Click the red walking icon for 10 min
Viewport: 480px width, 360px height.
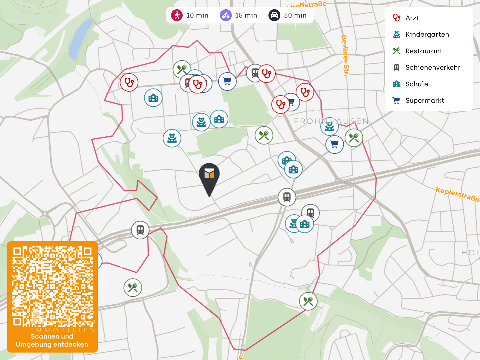(177, 15)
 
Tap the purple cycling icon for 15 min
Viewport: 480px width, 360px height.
(226, 15)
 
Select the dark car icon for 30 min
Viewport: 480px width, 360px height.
(274, 15)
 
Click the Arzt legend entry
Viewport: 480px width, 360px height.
(412, 18)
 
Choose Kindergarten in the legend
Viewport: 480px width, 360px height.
(427, 35)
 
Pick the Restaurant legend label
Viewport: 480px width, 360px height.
(424, 51)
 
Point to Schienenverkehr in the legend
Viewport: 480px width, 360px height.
(433, 68)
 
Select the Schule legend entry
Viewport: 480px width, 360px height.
(417, 84)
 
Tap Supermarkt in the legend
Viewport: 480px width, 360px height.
(425, 101)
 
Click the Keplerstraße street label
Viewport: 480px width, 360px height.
(457, 194)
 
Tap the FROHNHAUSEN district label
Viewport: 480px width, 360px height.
(331, 121)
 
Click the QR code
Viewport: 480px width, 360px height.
(52, 286)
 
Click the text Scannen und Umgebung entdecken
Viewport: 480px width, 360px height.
(52, 340)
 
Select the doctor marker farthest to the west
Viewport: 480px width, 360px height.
(129, 82)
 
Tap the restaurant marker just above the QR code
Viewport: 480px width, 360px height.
(133, 287)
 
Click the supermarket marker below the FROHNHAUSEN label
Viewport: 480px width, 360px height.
(335, 145)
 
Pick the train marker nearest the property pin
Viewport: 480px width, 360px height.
(287, 197)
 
